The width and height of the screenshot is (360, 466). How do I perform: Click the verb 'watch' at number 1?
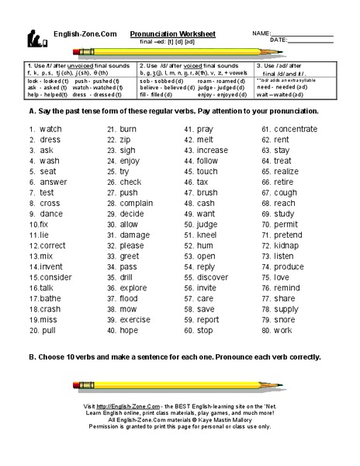coord(50,128)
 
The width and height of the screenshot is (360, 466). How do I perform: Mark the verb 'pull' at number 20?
coord(48,330)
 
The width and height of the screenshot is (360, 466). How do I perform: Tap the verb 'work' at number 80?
coord(282,330)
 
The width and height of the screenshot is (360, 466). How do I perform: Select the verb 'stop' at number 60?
coord(205,330)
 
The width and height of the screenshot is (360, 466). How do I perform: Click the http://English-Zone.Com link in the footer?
coord(120,407)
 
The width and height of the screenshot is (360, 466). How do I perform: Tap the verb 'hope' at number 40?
coord(129,330)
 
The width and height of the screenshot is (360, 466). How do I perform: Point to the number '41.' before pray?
coord(188,128)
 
